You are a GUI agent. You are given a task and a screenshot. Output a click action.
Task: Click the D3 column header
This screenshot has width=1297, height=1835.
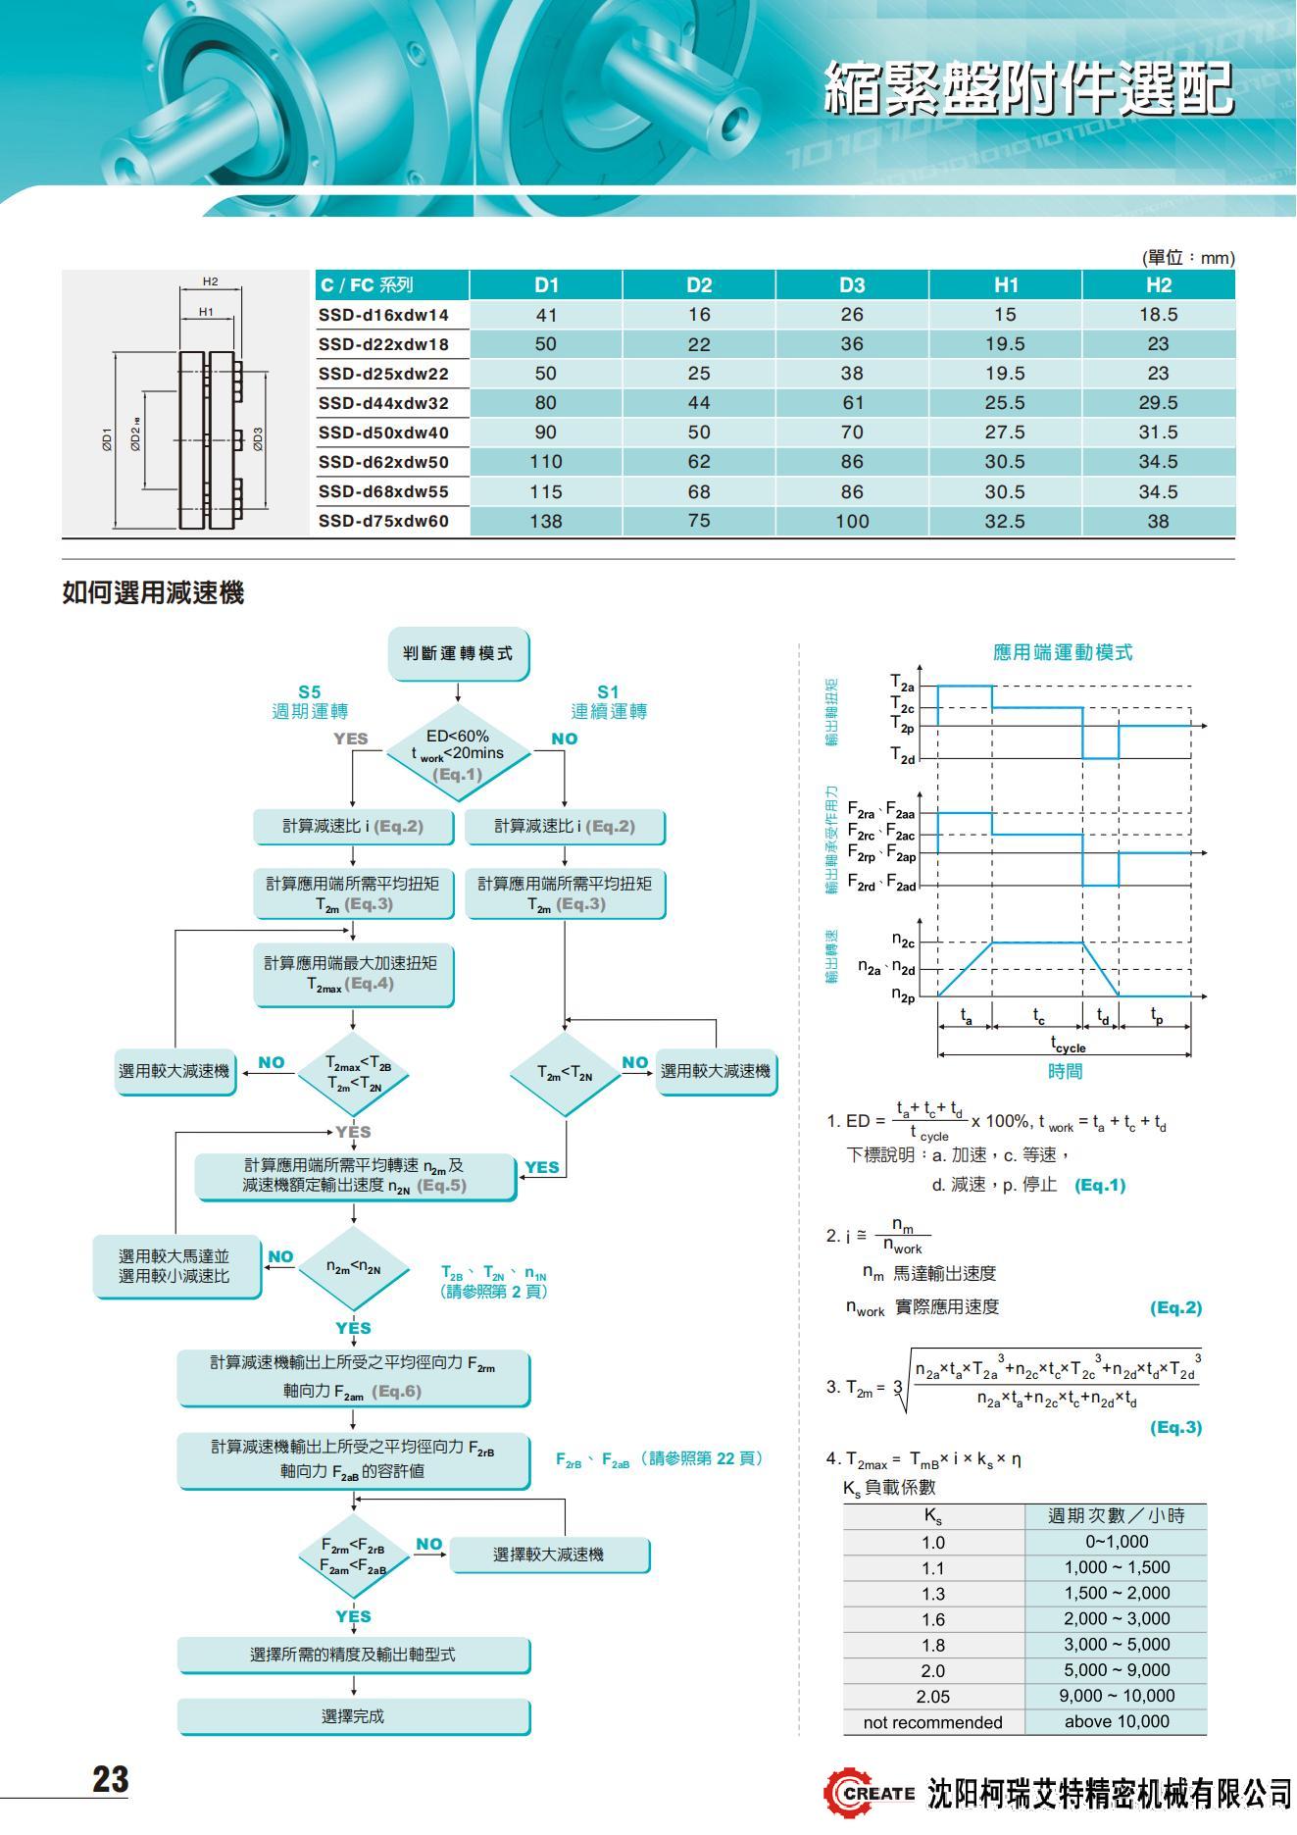click(x=851, y=285)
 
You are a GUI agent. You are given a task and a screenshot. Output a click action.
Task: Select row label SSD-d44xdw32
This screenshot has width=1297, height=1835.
click(x=383, y=403)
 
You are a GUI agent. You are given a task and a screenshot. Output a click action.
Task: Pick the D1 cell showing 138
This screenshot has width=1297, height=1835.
click(x=546, y=521)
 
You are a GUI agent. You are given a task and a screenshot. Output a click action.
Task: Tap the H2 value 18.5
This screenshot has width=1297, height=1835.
click(x=1158, y=315)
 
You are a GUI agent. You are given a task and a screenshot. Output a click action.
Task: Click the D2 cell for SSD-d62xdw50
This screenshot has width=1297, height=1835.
click(x=699, y=462)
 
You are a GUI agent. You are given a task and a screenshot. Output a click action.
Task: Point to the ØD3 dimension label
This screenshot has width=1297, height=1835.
click(x=258, y=438)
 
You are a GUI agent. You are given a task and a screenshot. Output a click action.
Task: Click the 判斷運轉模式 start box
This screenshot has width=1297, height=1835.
click(x=458, y=653)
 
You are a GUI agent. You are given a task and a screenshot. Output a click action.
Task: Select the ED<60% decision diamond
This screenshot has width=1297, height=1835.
click(x=458, y=753)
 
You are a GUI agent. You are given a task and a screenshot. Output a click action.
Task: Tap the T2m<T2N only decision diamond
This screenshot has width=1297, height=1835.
click(x=565, y=1073)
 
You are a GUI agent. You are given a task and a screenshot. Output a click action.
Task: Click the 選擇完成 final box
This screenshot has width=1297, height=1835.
click(x=353, y=1716)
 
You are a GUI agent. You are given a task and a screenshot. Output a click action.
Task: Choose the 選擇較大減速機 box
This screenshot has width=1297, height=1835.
click(x=549, y=1555)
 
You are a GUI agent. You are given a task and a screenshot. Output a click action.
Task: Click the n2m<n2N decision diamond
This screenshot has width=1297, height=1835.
click(x=353, y=1268)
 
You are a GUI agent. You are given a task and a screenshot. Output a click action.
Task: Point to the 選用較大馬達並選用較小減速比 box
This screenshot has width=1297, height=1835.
click(x=175, y=1266)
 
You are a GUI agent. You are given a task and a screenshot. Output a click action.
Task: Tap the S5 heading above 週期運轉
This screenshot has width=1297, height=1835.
click(x=310, y=692)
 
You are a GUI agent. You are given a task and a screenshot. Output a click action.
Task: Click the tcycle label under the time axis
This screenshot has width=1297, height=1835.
click(x=1067, y=1045)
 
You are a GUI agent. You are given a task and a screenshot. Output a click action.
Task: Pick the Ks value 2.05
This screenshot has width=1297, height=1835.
click(x=932, y=1696)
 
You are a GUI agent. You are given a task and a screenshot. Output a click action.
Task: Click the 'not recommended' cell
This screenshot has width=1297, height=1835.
click(x=932, y=1722)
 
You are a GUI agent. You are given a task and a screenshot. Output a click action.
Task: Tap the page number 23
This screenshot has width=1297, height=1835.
click(x=110, y=1780)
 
